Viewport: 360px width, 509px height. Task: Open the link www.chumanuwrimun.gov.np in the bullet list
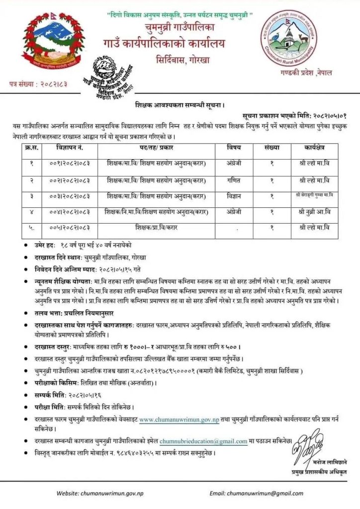coord(180,420)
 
